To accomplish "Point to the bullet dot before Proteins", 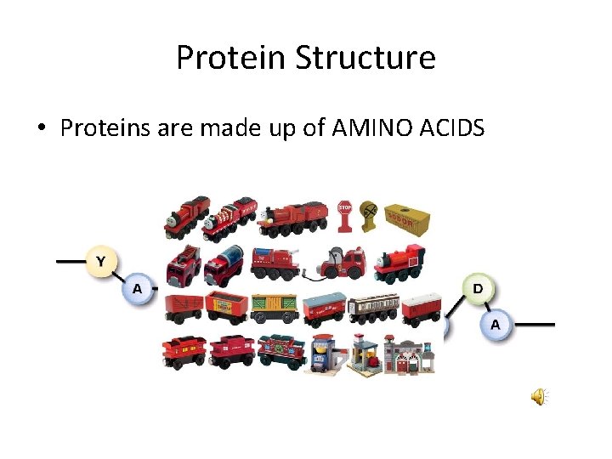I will [x=41, y=129].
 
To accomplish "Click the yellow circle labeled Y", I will [x=101, y=261].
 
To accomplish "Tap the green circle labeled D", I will [x=478, y=289].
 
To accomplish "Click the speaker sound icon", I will [x=539, y=397].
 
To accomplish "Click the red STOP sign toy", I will [x=344, y=216].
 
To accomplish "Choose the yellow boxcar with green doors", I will [x=274, y=307].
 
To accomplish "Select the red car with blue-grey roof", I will [x=325, y=309].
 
